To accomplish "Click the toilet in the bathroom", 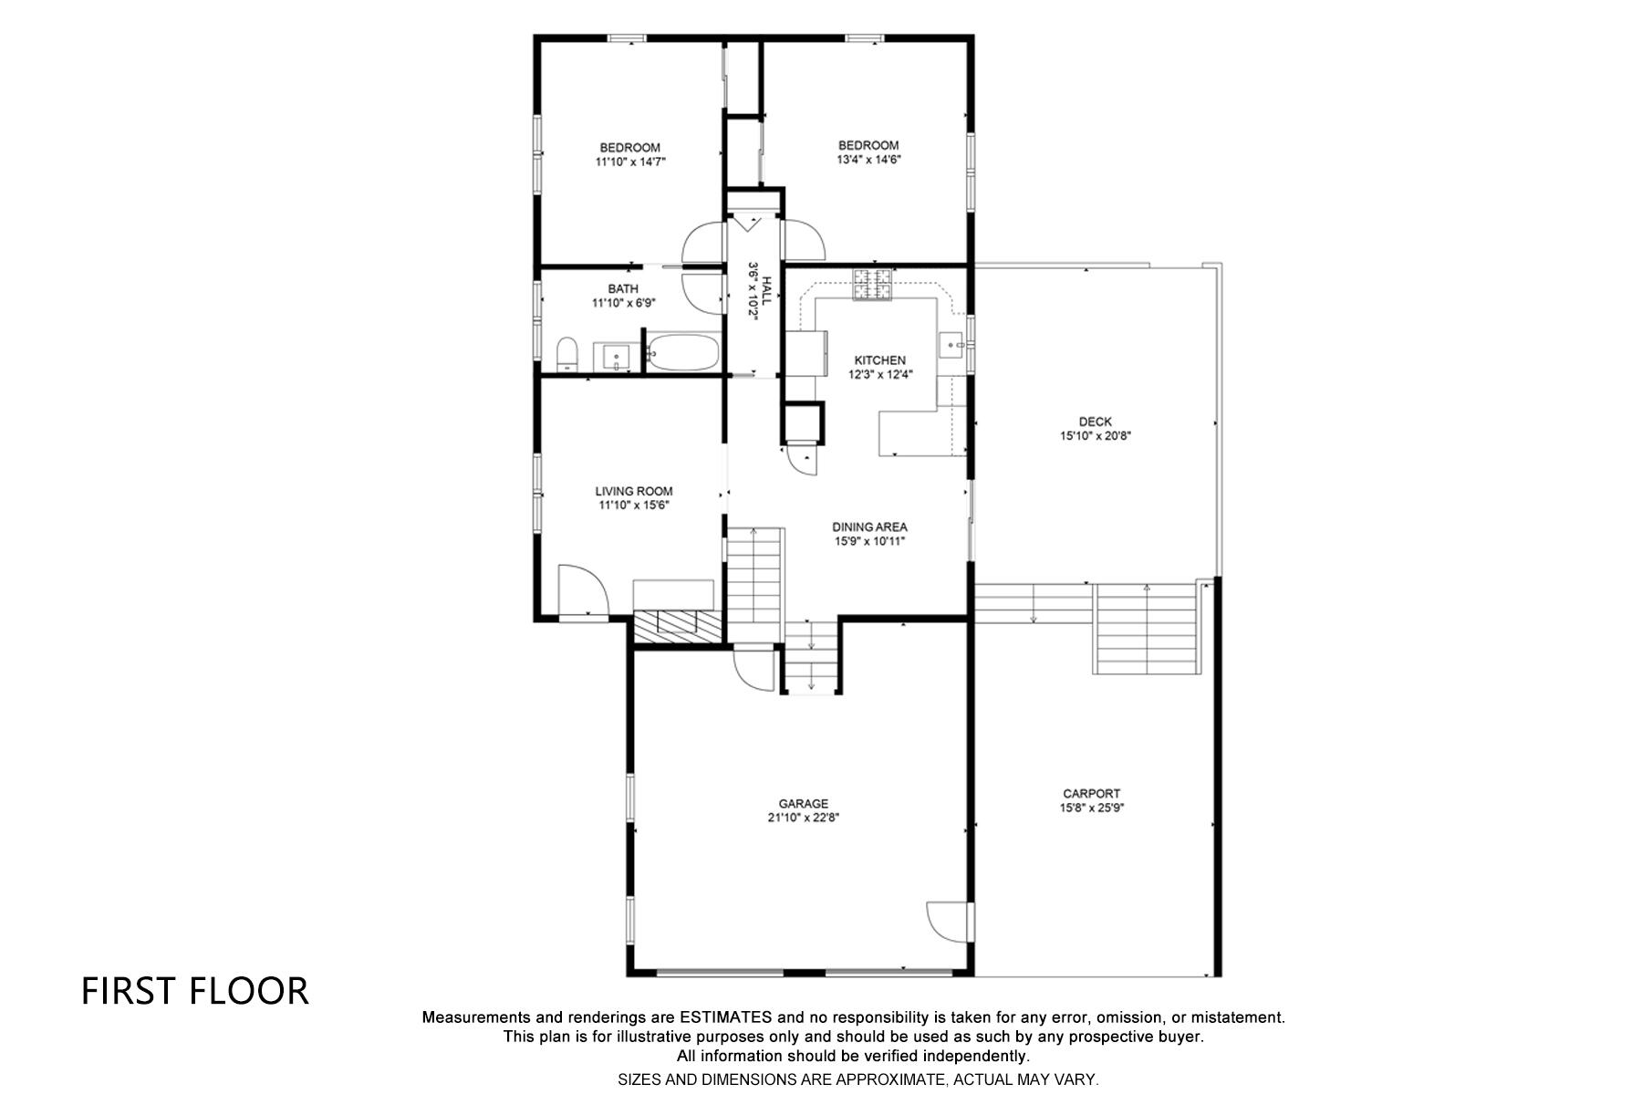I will pyautogui.click(x=566, y=354).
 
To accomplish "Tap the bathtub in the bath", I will pyautogui.click(x=684, y=353).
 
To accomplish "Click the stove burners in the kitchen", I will pyautogui.click(x=871, y=286).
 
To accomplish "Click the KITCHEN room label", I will pyautogui.click(x=879, y=360).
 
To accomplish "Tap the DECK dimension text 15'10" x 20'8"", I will pyautogui.click(x=1095, y=436).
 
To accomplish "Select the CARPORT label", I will pyautogui.click(x=1091, y=794).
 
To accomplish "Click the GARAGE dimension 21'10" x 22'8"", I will pyautogui.click(x=803, y=819).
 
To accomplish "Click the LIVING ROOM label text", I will pyautogui.click(x=634, y=491).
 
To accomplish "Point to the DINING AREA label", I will pyautogui.click(x=869, y=527).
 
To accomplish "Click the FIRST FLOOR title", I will pyautogui.click(x=195, y=992).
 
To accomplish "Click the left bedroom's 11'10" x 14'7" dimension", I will pyautogui.click(x=630, y=162).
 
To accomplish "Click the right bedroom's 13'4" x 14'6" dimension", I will pyautogui.click(x=868, y=159).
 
